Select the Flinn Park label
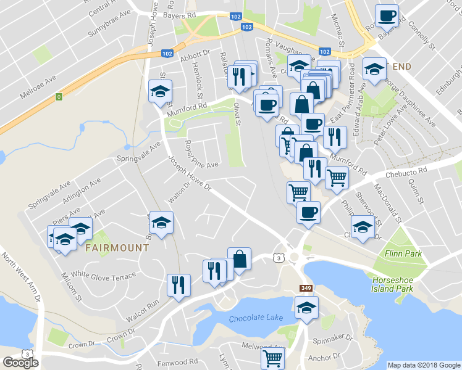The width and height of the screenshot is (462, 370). tap(402, 253)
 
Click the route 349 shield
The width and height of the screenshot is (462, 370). tap(305, 287)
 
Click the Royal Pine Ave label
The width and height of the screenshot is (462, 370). tap(201, 155)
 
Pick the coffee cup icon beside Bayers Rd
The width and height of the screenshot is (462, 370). tap(387, 16)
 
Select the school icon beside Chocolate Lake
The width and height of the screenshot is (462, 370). tap(306, 307)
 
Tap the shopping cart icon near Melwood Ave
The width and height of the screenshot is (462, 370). tap(272, 358)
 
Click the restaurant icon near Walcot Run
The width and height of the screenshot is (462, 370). tap(178, 285)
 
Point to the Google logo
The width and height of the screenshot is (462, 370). tap(20, 363)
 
